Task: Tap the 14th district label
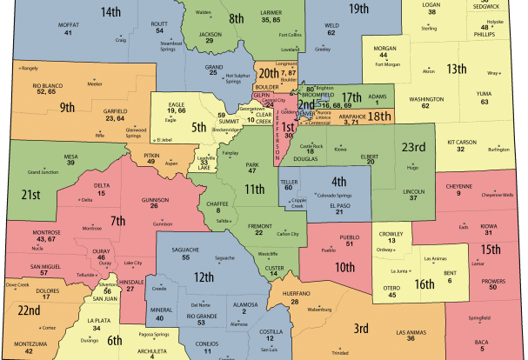110,12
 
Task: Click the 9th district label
67,109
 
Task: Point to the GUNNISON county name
154,199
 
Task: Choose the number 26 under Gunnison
154,207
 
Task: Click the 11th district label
254,189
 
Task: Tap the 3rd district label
361,328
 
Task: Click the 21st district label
32,193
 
